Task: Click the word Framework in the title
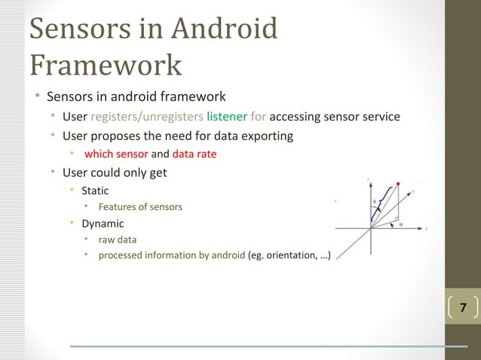coord(106,66)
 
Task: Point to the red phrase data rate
coord(195,154)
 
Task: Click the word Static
coord(95,191)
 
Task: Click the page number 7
coord(463,307)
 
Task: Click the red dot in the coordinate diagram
coord(398,183)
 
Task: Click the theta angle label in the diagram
coord(400,224)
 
